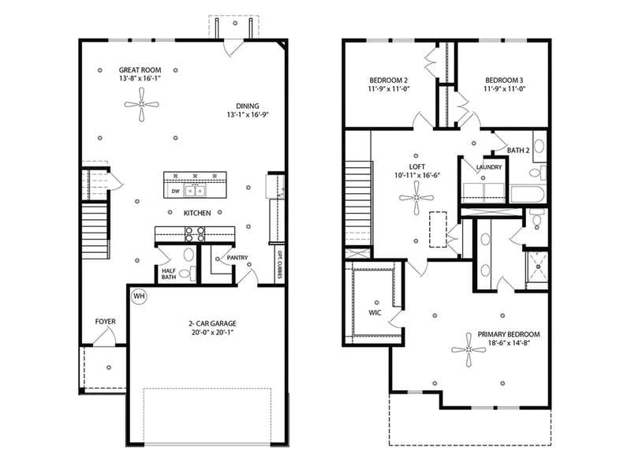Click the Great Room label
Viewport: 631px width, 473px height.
tap(141, 69)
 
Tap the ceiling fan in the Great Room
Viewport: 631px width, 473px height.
tap(141, 104)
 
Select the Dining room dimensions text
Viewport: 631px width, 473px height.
tap(247, 115)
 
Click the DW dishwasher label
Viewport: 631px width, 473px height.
tap(175, 192)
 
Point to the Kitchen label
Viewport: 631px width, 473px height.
tap(197, 214)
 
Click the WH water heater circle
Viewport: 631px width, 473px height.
tap(140, 296)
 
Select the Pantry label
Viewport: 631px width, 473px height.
tap(237, 258)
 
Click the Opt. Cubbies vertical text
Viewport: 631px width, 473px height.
tap(279, 265)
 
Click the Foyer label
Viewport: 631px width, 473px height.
tap(106, 322)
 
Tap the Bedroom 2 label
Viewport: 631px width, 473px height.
tap(388, 80)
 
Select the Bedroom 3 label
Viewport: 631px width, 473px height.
tap(504, 80)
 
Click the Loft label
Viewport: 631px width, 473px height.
tap(416, 166)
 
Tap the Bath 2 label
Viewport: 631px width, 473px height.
tap(517, 150)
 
